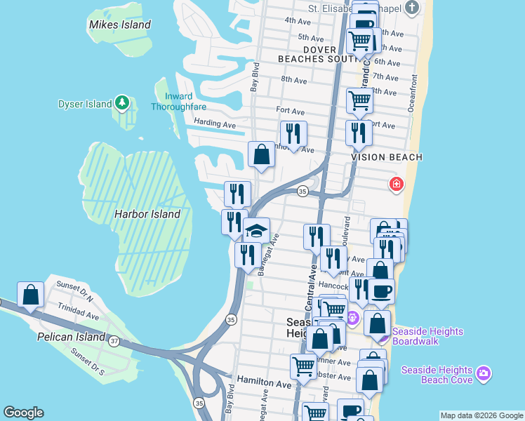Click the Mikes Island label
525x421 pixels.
119,25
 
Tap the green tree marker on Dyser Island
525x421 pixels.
123,103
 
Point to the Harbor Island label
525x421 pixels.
147,213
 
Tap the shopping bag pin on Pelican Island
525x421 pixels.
31,295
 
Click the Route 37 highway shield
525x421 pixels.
114,340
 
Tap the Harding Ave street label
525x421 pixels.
214,123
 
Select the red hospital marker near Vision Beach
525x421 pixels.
397,184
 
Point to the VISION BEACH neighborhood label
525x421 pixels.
387,157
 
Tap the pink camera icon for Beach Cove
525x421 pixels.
483,373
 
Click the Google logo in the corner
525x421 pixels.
23,413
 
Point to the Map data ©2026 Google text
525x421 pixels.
481,415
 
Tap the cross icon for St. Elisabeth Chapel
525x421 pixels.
412,8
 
